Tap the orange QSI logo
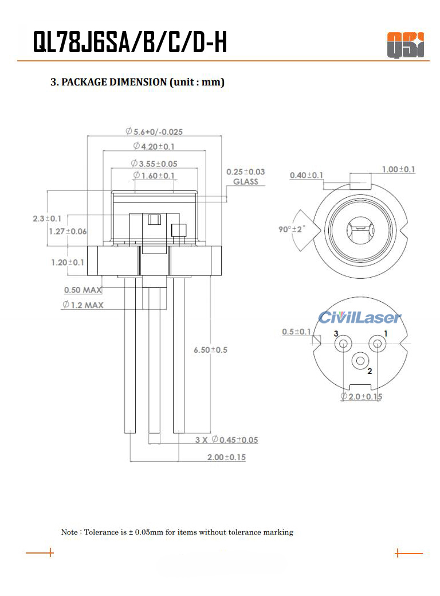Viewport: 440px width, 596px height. click(x=405, y=45)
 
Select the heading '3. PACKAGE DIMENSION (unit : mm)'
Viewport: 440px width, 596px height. click(x=137, y=82)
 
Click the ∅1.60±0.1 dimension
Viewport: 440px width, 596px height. click(x=154, y=175)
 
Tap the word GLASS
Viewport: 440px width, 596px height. click(x=246, y=182)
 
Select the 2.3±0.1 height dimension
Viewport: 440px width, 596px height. click(x=48, y=219)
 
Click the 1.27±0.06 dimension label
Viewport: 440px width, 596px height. click(x=68, y=231)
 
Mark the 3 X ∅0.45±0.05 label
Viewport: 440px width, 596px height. click(x=226, y=440)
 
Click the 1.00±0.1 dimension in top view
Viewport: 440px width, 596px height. click(x=399, y=169)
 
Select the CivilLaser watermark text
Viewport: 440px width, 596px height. click(x=360, y=317)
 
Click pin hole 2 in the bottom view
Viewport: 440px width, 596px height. click(x=360, y=361)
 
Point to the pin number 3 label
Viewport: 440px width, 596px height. click(x=336, y=333)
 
